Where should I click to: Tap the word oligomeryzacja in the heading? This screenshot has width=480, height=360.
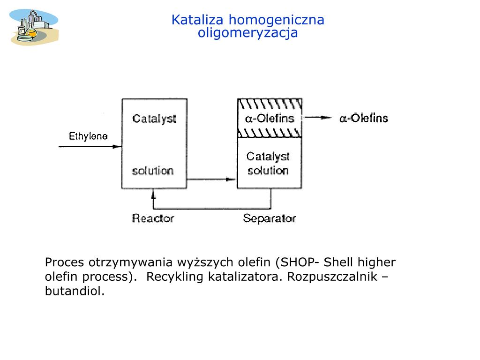click(247, 33)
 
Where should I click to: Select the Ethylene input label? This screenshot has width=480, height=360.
click(88, 136)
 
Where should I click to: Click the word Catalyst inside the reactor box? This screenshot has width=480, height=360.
click(154, 118)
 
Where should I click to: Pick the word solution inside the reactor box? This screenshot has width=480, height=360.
click(153, 171)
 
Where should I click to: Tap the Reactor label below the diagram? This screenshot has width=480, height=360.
click(153, 218)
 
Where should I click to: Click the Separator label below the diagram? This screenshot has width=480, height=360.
click(270, 218)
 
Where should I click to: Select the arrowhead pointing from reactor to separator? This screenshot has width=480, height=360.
click(230, 179)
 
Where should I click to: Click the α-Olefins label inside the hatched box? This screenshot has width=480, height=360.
click(270, 118)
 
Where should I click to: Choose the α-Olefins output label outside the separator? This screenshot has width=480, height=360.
click(364, 118)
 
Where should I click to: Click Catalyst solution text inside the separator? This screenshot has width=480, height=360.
click(268, 164)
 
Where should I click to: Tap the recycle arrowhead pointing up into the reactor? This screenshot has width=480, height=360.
click(153, 193)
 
